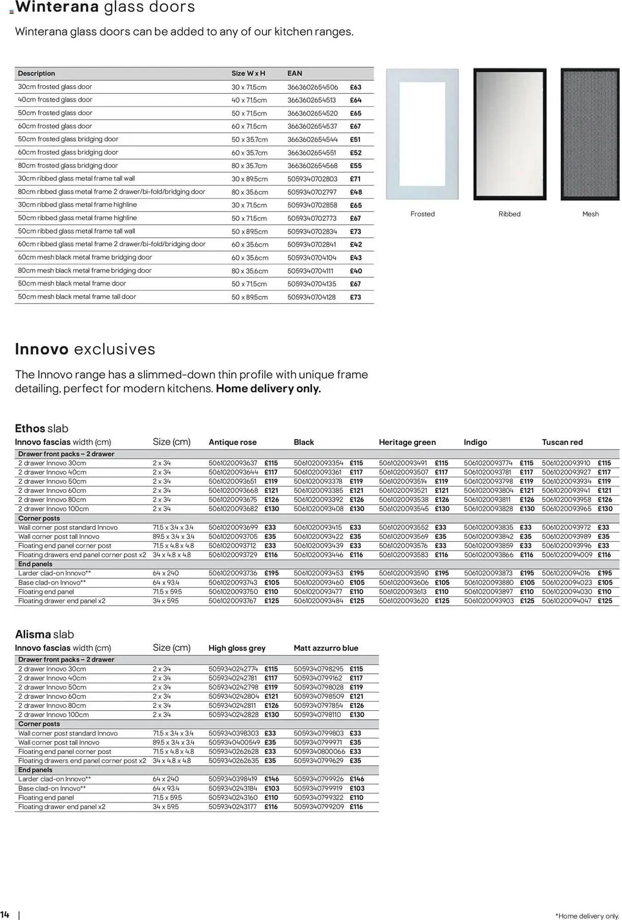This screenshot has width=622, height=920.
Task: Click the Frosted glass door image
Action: (x=422, y=134)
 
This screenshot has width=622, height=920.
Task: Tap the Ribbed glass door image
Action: (x=510, y=134)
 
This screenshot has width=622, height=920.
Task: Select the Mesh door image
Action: (x=590, y=134)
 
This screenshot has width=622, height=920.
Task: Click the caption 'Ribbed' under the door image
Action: (x=509, y=214)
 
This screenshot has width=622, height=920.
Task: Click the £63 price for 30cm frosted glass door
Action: (x=355, y=87)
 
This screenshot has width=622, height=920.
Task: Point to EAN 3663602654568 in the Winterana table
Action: (x=312, y=166)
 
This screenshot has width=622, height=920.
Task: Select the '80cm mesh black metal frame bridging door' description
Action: (x=85, y=270)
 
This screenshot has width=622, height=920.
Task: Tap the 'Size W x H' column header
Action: (x=248, y=73)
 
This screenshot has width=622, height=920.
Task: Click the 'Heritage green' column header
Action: (x=407, y=442)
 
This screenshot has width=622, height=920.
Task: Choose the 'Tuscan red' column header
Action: (x=562, y=442)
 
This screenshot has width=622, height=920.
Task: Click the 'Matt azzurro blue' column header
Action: (x=326, y=648)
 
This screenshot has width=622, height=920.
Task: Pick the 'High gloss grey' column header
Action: (x=237, y=648)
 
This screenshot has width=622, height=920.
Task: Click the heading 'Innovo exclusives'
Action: (x=85, y=349)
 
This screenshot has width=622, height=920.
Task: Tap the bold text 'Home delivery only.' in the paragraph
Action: (x=268, y=388)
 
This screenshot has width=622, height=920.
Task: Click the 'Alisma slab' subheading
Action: (x=44, y=634)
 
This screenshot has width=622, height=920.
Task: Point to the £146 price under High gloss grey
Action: (x=272, y=779)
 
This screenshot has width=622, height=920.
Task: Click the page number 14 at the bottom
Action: (x=5, y=914)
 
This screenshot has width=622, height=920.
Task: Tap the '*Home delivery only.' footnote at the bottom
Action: (x=587, y=916)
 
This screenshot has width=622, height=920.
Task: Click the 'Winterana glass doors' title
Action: (x=105, y=7)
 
